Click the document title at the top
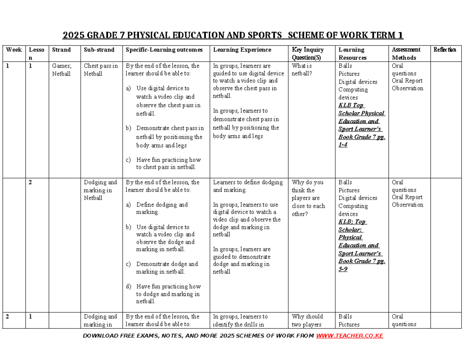pos(233,36)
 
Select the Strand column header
pos(61,50)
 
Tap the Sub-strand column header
pos(99,50)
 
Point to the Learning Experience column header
pos(242,50)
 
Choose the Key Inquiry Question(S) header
pos(308,54)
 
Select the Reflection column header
pos(445,50)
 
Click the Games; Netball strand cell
pos(61,70)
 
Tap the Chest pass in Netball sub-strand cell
pos(101,70)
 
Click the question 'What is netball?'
pos(302,70)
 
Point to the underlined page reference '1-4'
pos(343,145)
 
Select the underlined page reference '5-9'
pos(343,269)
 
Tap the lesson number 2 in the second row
pos(30,183)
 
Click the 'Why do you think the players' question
pos(308,198)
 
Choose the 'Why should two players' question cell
pos(307,320)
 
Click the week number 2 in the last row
pos(8,317)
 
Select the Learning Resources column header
pos(351,54)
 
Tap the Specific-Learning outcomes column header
pos(164,50)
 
